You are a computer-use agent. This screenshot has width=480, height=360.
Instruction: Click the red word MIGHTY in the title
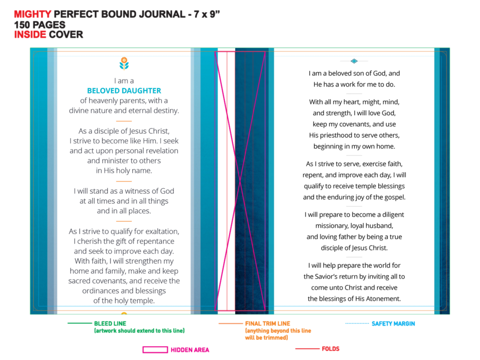tap(33, 14)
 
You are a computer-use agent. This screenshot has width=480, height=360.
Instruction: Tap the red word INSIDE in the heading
tap(30, 35)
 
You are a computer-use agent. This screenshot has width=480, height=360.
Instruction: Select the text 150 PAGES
tap(40, 25)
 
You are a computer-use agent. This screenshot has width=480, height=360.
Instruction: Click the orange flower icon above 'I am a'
tap(124, 63)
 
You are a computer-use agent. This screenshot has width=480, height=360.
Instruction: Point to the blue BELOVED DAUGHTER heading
tap(124, 91)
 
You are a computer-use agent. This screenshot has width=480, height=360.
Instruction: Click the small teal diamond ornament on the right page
tap(354, 61)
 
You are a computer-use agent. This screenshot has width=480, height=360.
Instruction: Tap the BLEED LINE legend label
tap(110, 324)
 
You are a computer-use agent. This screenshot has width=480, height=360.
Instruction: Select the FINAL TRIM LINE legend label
tap(268, 324)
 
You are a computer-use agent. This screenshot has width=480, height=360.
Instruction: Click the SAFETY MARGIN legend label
tap(394, 324)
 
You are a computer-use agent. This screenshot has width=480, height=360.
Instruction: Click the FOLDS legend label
tap(331, 349)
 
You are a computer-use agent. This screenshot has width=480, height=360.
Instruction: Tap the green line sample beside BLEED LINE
tap(79, 323)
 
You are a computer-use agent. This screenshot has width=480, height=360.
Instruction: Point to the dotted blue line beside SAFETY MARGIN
tap(357, 323)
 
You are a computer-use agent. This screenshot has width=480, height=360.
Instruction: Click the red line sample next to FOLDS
tap(307, 349)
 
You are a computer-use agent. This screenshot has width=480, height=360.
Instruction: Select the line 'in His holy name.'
tap(124, 171)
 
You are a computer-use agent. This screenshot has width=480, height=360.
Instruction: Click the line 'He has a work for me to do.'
tap(354, 84)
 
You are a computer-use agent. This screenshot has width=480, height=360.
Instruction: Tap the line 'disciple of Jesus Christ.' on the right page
tap(354, 248)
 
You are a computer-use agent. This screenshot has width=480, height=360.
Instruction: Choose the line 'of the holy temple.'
tap(124, 301)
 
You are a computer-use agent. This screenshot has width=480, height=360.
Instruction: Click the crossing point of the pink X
tap(240, 181)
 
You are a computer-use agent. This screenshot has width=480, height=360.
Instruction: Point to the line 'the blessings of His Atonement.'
tap(354, 299)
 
